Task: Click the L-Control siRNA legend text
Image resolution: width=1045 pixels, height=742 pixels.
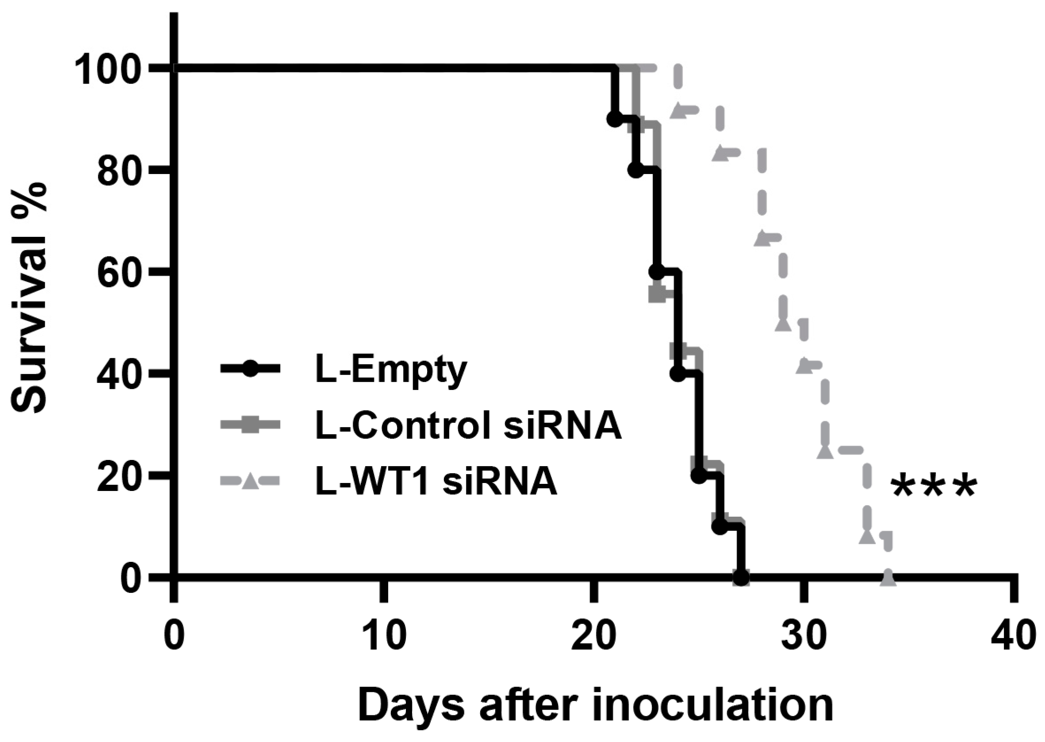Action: coord(468,425)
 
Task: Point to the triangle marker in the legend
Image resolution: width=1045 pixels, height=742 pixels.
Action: coord(250,481)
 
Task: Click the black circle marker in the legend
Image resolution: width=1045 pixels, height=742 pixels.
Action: coord(250,369)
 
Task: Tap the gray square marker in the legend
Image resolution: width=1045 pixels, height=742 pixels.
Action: coord(250,425)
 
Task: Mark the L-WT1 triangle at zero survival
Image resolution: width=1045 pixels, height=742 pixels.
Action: coord(888,577)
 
